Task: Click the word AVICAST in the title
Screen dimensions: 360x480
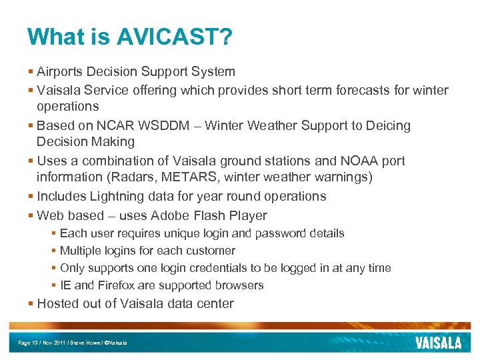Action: click(x=174, y=37)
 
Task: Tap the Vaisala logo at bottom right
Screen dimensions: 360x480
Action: click(x=438, y=343)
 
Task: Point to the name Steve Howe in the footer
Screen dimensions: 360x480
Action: click(x=89, y=343)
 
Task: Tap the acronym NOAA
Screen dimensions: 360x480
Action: click(x=354, y=161)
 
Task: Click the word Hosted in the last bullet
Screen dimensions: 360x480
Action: click(x=58, y=303)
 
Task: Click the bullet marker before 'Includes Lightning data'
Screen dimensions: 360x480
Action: click(x=31, y=196)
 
